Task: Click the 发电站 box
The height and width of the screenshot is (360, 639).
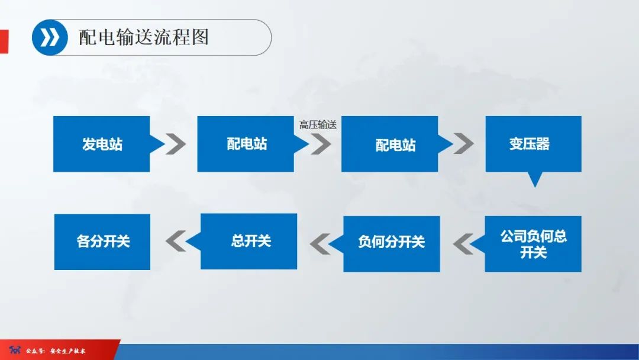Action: click(102, 144)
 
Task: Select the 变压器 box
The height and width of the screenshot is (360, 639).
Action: click(533, 144)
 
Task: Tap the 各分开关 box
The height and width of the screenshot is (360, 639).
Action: click(102, 242)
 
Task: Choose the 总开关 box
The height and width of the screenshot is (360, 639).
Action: click(249, 241)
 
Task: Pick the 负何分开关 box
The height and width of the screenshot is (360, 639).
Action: click(391, 242)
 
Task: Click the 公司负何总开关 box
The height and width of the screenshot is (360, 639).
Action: click(533, 244)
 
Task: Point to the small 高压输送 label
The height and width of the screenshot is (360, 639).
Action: click(318, 124)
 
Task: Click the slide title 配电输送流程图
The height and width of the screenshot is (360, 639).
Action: click(144, 37)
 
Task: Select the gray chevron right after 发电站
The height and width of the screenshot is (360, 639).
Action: click(176, 144)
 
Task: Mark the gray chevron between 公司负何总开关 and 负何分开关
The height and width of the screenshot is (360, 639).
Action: click(464, 243)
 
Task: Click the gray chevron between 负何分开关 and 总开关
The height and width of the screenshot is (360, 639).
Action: click(319, 242)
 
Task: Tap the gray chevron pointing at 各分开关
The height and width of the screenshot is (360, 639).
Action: click(176, 241)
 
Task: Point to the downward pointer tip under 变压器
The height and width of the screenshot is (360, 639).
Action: click(535, 181)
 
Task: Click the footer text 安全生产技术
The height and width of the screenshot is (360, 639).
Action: click(68, 351)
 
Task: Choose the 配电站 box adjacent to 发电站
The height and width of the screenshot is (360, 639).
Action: click(246, 144)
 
